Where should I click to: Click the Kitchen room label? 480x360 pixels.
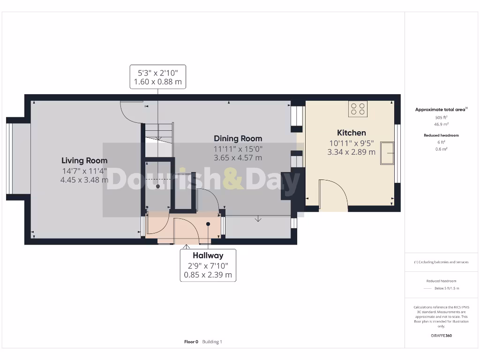tap(351, 133)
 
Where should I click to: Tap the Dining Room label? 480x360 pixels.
tap(238, 138)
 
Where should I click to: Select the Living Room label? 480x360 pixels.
tap(84, 160)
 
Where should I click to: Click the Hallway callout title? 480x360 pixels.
tap(208, 255)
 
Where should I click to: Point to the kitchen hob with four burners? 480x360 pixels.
tap(358, 109)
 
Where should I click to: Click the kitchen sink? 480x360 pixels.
tap(387, 153)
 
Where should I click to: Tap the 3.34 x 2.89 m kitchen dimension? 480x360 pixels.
tap(351, 152)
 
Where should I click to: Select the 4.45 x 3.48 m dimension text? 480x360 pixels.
tap(84, 180)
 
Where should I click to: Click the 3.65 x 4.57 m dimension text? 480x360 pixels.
tap(238, 157)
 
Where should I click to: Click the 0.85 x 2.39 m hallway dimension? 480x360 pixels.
tap(208, 275)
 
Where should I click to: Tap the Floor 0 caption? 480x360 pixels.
tap(191, 342)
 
